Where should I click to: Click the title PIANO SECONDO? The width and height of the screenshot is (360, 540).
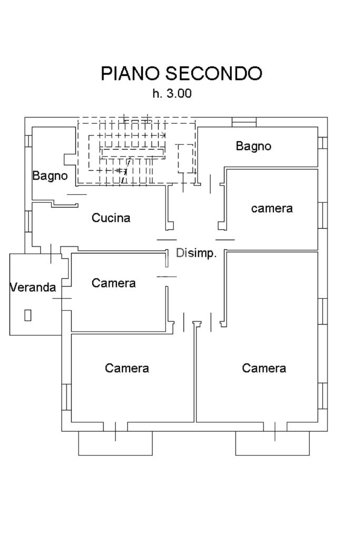[181, 73]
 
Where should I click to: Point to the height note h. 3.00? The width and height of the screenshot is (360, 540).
[172, 93]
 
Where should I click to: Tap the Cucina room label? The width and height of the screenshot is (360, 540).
[111, 218]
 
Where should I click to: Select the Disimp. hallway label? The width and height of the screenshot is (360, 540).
[197, 253]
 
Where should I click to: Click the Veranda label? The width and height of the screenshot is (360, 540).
[33, 287]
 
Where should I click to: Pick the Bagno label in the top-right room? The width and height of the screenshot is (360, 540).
[254, 146]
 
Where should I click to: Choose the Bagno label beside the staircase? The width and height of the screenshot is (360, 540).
[50, 176]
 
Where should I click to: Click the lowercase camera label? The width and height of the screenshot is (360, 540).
[272, 208]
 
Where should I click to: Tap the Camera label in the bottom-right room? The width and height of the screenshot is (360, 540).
[264, 368]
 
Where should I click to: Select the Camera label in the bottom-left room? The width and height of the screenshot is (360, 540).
[127, 368]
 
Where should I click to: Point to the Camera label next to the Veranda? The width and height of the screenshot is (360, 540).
[114, 283]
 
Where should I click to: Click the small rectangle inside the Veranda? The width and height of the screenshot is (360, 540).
[28, 315]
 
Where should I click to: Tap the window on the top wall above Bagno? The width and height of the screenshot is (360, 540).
[244, 122]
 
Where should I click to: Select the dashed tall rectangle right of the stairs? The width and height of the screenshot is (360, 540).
[186, 159]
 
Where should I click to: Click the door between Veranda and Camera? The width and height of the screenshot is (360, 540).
[62, 298]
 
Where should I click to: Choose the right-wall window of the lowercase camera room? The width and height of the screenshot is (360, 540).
[323, 215]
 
